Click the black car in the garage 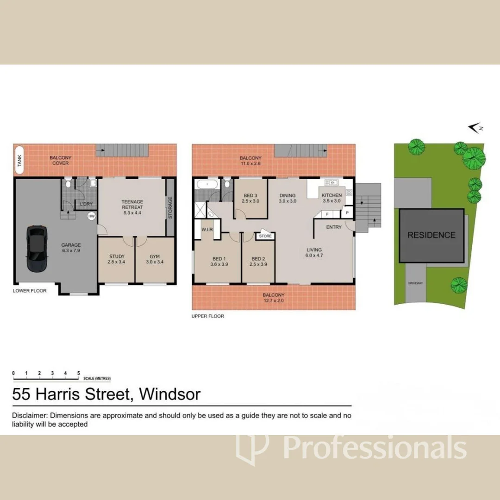pos(37,249)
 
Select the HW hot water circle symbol pos(92,216)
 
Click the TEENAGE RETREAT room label pos(132,204)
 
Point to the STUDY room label pos(117,259)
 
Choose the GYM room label pos(155,259)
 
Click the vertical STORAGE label pos(170,208)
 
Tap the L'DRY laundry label pos(87,204)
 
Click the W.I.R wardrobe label pos(206,230)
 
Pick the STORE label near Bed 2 pos(265,236)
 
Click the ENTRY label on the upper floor pos(334,227)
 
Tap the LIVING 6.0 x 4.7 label pos(314,253)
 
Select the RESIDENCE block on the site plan pos(431,235)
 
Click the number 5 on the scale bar pos(79,373)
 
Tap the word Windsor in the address pos(170,394)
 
